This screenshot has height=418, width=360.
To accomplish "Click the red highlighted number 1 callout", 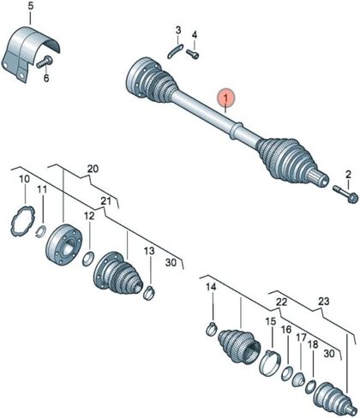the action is [x=226, y=99].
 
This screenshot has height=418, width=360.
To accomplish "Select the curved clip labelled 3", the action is [x=175, y=51].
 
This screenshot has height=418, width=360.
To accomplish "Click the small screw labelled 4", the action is [x=193, y=54].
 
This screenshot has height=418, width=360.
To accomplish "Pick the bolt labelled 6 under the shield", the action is [x=45, y=62].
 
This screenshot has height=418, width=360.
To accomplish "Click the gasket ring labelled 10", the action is [x=22, y=221].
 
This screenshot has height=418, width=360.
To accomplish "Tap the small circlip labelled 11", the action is [x=41, y=231].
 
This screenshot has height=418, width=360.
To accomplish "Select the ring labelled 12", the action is [x=88, y=260].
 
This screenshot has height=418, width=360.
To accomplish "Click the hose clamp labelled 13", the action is [x=148, y=293].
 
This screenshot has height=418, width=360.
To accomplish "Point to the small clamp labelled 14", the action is [x=212, y=329].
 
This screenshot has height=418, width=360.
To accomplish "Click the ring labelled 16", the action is [x=286, y=373].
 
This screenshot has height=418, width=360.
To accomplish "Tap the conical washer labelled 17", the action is [x=299, y=379].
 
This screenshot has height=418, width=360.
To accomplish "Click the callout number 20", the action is [x=93, y=169].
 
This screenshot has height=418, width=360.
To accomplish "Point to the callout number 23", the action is [x=323, y=302].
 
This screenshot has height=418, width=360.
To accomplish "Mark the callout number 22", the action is [x=281, y=302].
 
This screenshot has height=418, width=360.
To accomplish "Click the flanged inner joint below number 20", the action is [x=63, y=245].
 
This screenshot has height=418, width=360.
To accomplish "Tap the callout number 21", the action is [x=105, y=201].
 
